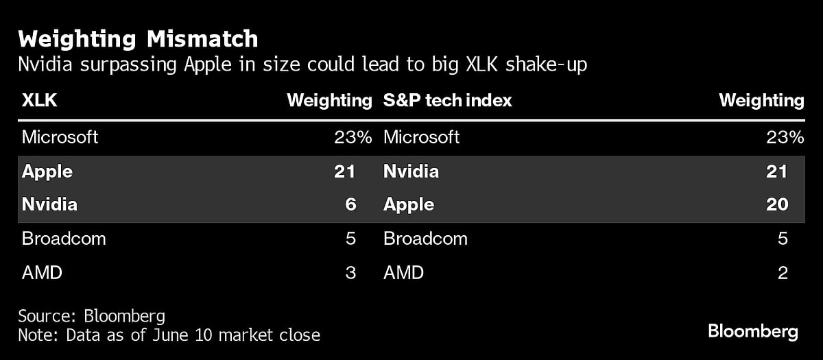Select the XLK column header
tap(39, 101)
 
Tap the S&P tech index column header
tap(447, 101)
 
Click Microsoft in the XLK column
tap(60, 137)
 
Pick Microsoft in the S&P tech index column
tap(421, 137)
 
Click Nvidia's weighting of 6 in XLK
tap(350, 204)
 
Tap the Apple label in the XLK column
tap(47, 171)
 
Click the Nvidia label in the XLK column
tap(49, 204)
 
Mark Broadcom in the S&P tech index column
tap(425, 239)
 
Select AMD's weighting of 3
tap(350, 273)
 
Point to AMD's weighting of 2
tap(782, 273)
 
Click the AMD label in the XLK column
tap(42, 273)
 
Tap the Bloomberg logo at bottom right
tap(753, 332)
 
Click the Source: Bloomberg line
tap(91, 316)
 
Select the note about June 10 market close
tap(169, 335)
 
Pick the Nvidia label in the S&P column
tap(411, 171)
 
